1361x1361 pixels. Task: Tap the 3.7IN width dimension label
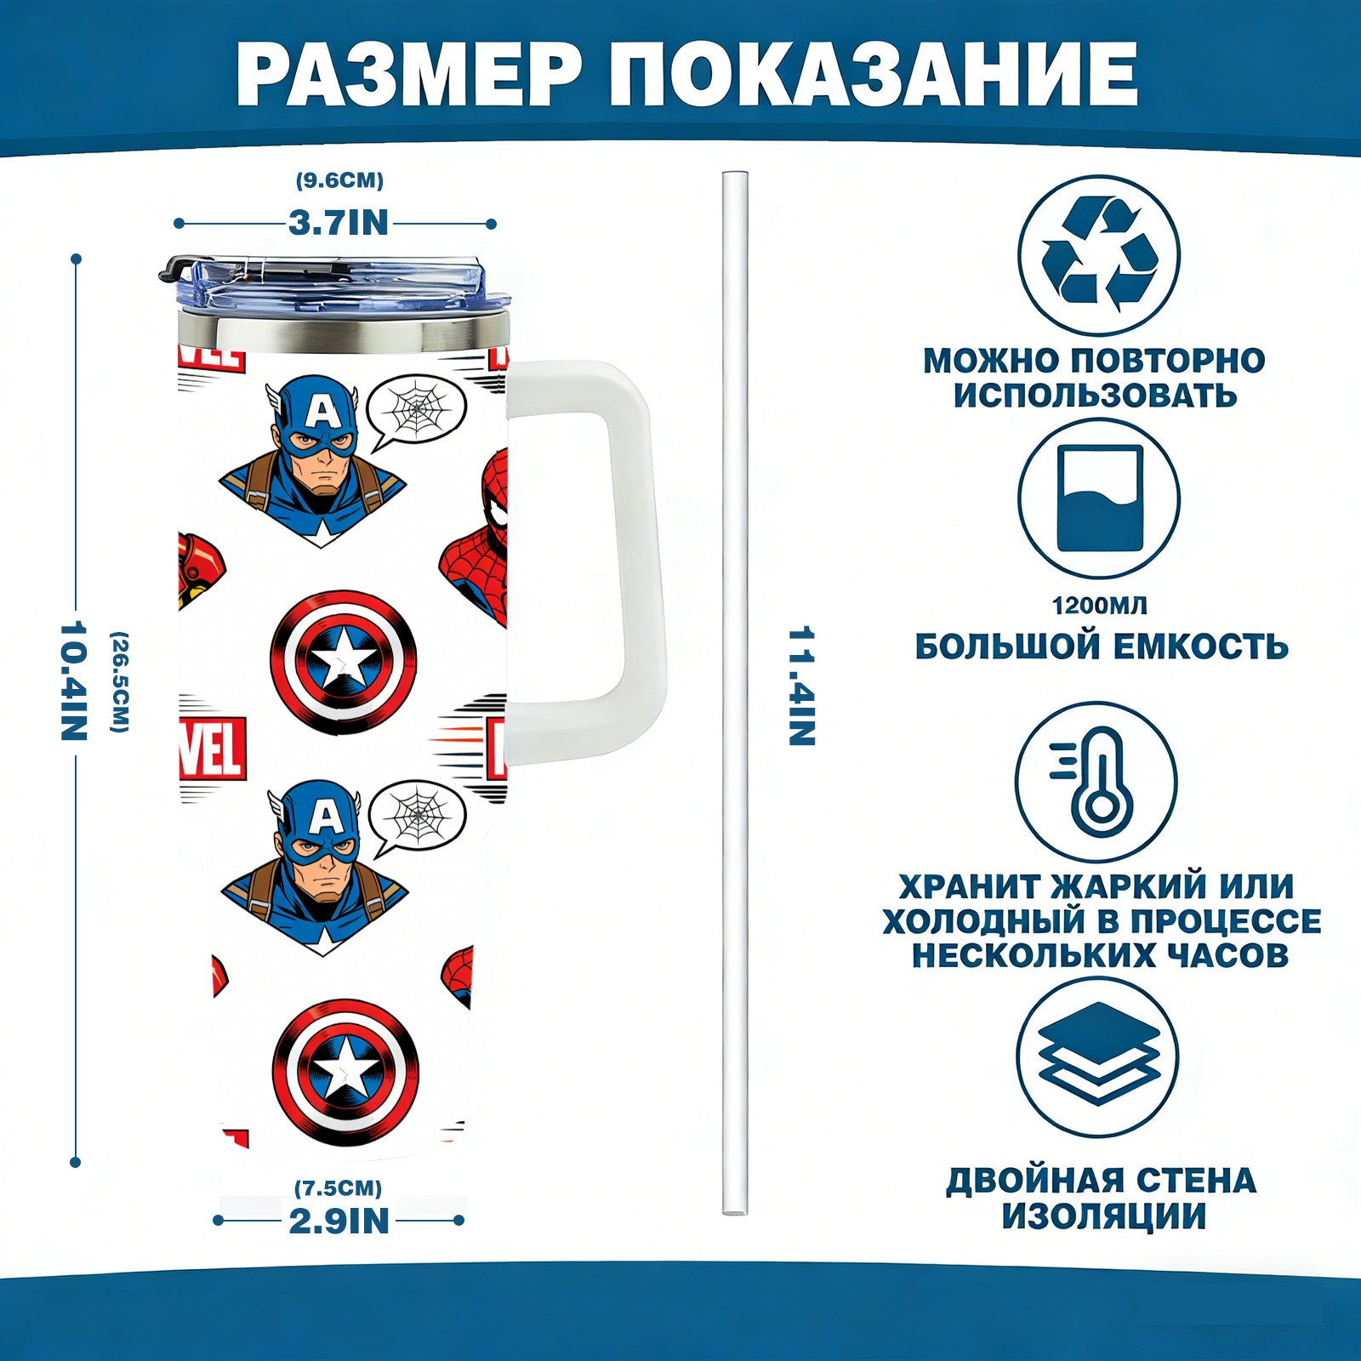(338, 223)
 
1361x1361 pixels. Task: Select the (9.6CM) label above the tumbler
(339, 180)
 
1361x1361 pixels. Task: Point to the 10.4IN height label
(75, 680)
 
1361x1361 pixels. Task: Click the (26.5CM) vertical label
(120, 681)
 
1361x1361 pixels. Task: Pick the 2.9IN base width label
(339, 1221)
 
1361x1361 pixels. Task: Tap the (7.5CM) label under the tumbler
(338, 1187)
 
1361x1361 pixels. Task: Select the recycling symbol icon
(1099, 254)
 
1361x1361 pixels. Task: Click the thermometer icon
(1096, 781)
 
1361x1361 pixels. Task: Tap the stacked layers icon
(1097, 1057)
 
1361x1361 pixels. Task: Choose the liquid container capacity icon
(1099, 498)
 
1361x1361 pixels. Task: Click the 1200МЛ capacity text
(1099, 606)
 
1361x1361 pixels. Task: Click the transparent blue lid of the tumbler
(337, 286)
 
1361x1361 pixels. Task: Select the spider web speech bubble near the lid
(417, 412)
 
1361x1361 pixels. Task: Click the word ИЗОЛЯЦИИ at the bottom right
(1103, 1216)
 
